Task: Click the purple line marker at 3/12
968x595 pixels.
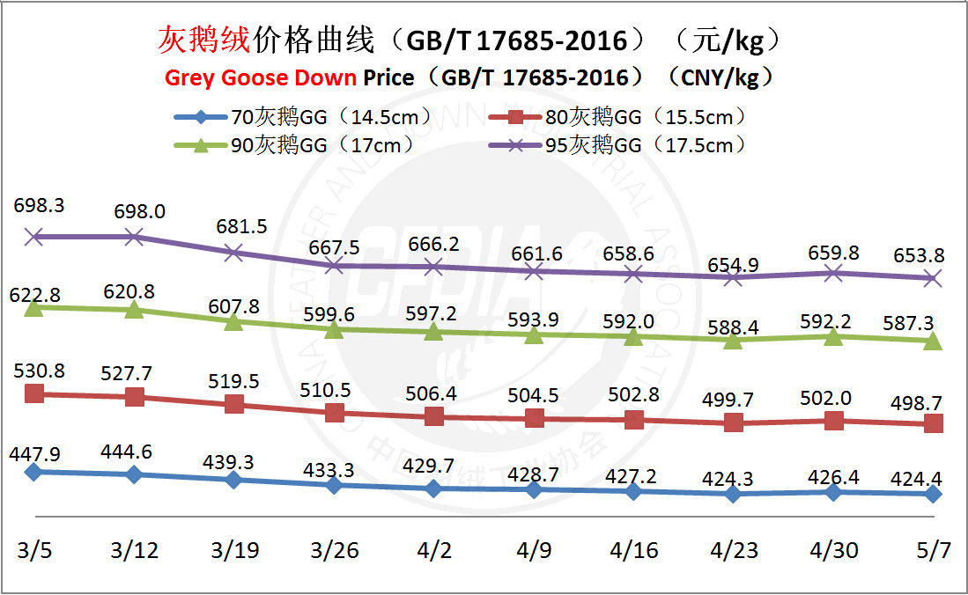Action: click(134, 236)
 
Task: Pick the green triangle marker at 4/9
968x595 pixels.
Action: click(533, 334)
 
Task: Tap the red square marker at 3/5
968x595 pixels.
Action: click(34, 393)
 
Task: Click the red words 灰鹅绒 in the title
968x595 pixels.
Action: click(204, 40)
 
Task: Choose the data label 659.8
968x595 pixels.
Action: click(832, 253)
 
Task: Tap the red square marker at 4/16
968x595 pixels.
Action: click(633, 420)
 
